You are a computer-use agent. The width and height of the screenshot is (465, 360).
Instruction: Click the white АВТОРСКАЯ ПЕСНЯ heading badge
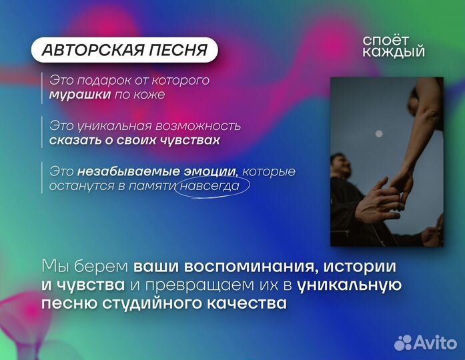tap(125, 50)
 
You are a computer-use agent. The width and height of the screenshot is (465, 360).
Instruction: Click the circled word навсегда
tap(213, 186)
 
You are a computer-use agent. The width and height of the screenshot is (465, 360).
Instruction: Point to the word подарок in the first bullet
tap(101, 81)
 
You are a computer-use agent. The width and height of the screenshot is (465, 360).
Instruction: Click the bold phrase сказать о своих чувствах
tap(134, 141)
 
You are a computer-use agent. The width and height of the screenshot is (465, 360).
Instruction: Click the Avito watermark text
tap(435, 343)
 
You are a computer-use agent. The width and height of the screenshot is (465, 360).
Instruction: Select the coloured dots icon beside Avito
tap(403, 343)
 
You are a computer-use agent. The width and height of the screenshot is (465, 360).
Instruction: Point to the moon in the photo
tap(379, 134)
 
